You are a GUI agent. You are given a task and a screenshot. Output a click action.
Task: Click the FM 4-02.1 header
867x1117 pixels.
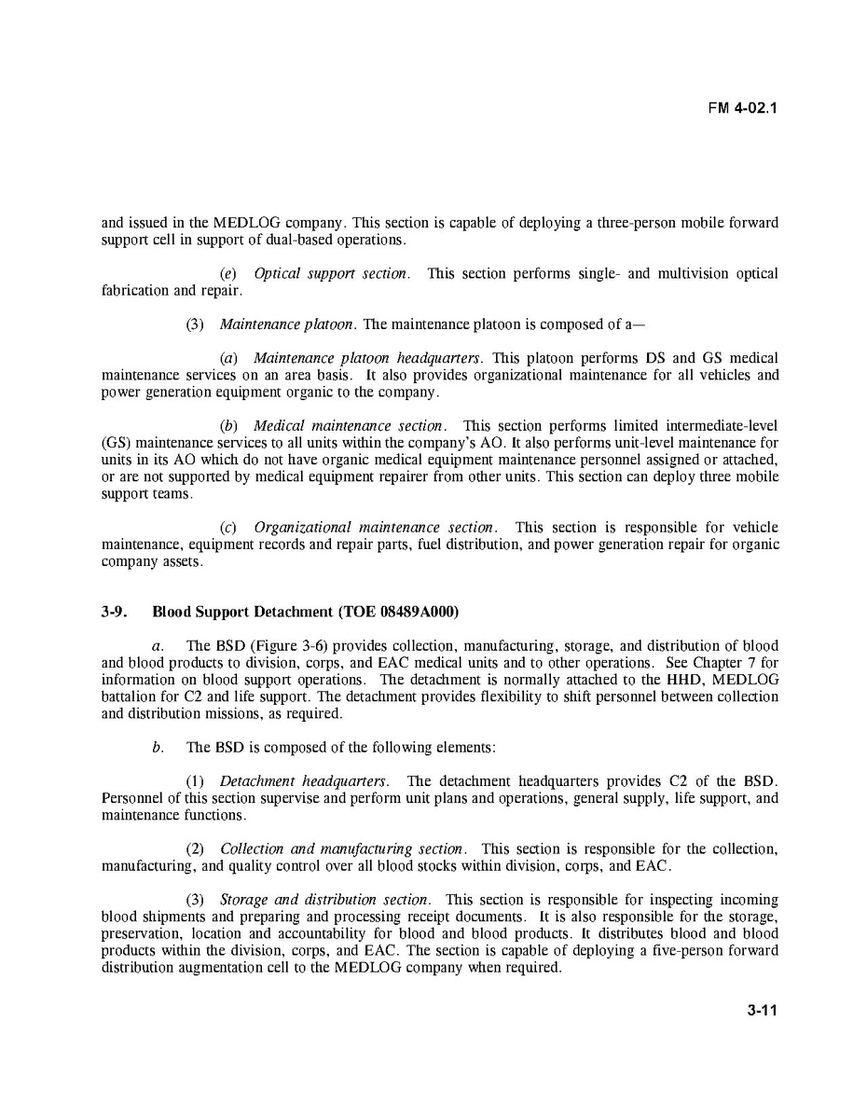742,107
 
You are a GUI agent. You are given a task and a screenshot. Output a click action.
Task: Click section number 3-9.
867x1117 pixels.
115,613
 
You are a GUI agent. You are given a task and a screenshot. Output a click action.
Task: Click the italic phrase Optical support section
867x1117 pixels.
330,274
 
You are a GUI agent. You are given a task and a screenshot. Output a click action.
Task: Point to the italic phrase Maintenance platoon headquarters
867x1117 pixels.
367,358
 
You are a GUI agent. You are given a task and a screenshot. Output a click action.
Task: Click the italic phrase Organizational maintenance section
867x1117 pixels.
375,528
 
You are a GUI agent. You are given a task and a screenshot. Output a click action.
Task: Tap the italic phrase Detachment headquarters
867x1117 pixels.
294,781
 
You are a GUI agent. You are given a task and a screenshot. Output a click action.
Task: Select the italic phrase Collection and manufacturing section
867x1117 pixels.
341,849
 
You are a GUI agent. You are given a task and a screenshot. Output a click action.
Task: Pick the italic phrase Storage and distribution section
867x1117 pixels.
324,900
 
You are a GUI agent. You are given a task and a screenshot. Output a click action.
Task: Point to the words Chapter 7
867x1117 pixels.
718,663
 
